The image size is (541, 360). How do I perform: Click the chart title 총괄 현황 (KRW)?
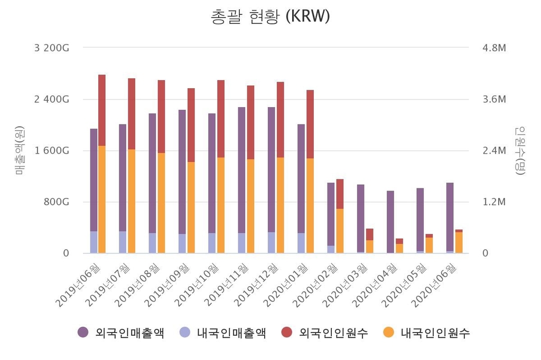click(270, 16)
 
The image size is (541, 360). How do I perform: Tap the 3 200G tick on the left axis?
click(51, 48)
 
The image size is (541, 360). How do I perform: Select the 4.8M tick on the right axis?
click(494, 48)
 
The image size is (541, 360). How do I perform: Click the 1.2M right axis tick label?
click(494, 202)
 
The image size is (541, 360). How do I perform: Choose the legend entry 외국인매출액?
click(121, 333)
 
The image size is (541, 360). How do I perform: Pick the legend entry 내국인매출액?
click(223, 333)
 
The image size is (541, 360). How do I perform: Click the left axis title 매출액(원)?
click(20, 150)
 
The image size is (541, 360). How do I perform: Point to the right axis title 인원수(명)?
click(520, 150)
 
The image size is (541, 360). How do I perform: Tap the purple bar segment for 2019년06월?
click(94, 179)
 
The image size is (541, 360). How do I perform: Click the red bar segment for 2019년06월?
click(102, 110)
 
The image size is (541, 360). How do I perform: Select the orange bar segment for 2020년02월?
click(340, 231)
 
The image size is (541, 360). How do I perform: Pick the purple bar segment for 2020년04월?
click(390, 222)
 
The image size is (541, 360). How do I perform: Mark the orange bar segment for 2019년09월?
click(191, 207)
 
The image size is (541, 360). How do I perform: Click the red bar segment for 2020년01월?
click(310, 124)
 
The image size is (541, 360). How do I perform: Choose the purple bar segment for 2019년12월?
click(272, 169)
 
